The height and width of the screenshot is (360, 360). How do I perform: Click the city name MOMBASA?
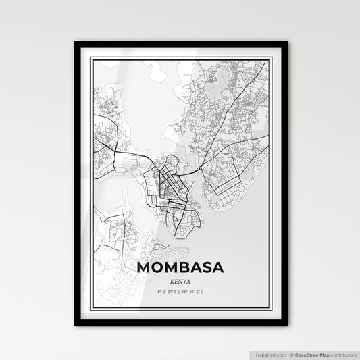180,267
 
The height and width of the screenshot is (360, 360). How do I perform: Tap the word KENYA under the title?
180,280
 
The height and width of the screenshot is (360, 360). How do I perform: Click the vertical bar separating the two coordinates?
180,292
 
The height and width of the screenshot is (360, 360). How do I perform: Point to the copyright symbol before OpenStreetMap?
289,354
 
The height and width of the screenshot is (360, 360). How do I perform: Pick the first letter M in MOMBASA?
144,267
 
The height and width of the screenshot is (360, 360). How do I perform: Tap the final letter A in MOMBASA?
217,267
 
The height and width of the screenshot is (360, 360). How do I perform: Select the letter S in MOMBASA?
202,267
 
